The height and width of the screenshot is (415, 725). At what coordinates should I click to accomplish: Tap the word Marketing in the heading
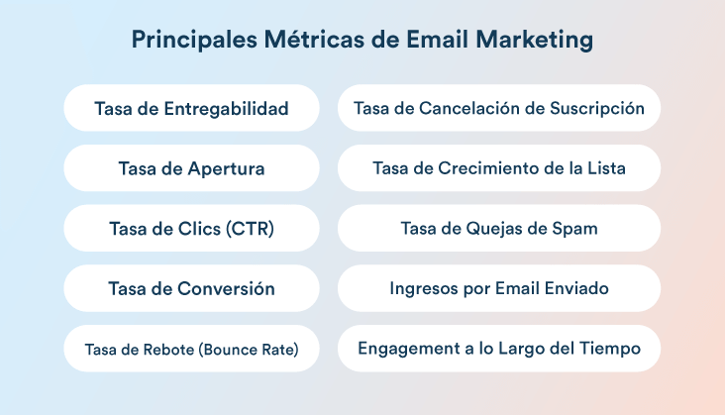coord(534,40)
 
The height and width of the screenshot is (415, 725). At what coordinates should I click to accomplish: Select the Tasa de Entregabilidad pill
coord(191,108)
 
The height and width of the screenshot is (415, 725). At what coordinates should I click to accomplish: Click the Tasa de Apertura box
coord(191,168)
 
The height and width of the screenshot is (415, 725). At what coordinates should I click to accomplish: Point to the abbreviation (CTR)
coord(250,228)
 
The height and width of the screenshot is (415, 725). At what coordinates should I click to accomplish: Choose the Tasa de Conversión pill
coord(191,288)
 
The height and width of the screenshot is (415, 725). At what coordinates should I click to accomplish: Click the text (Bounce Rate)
coord(249,350)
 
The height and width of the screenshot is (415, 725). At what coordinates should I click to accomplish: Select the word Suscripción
coord(597,109)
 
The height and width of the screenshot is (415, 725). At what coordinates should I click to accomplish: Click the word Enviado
coord(576,288)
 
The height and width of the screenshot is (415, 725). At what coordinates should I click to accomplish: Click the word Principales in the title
coord(194,40)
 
